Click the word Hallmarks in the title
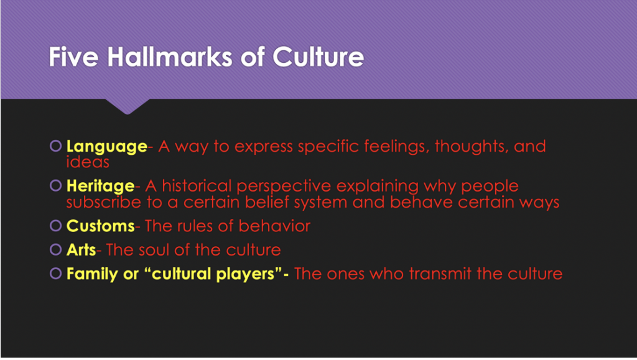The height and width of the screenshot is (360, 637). pos(170,57)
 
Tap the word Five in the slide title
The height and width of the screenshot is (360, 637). pos(73,57)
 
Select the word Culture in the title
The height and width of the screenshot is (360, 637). pos(318,57)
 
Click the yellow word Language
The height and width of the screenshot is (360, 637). pos(107,147)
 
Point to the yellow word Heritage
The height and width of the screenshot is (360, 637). pos(100,187)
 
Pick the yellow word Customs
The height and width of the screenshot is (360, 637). pos(100,226)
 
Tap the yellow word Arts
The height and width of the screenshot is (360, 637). pos(81,250)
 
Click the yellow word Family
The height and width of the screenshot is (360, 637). pos(93,274)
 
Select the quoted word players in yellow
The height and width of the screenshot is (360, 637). pos(251,274)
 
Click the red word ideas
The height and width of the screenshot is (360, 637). pos(88,162)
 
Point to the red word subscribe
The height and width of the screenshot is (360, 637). pos(104,202)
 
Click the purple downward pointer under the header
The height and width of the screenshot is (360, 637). pos(127,106)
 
